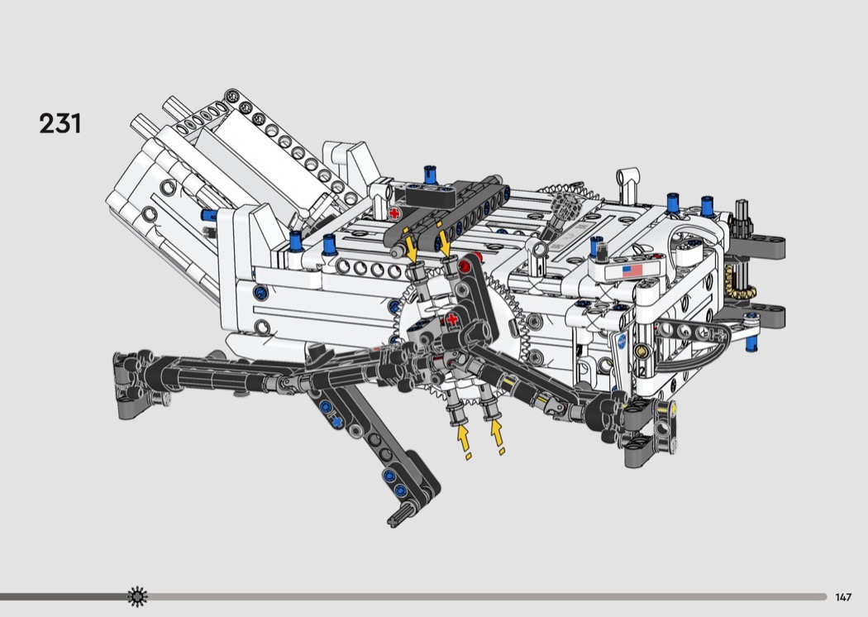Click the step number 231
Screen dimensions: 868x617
[60, 123]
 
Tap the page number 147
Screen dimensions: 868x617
[843, 597]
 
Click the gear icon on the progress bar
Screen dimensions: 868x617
[137, 596]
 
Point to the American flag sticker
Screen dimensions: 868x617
[632, 270]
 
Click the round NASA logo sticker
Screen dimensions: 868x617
[622, 342]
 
